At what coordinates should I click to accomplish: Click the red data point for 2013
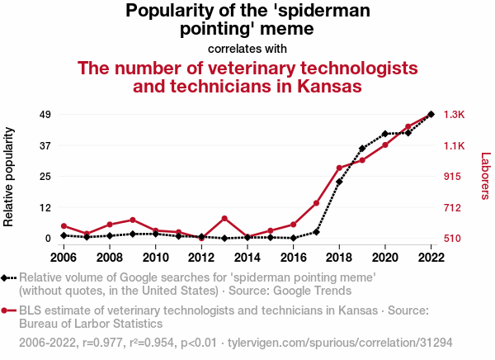pos(224,218)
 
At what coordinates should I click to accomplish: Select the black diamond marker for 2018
pos(339,182)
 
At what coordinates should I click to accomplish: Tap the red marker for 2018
pos(339,168)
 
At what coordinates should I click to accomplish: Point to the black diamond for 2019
pos(362,149)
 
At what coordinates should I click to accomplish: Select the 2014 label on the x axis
pos(247,257)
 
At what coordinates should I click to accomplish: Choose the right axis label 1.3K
pos(455,114)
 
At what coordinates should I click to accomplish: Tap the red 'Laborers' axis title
pos(485,176)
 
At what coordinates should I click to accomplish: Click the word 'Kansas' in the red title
pos(328,87)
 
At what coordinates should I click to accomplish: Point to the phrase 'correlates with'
pos(247,48)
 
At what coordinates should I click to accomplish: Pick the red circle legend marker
pos(7,311)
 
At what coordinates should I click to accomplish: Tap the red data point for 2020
pos(385,145)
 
